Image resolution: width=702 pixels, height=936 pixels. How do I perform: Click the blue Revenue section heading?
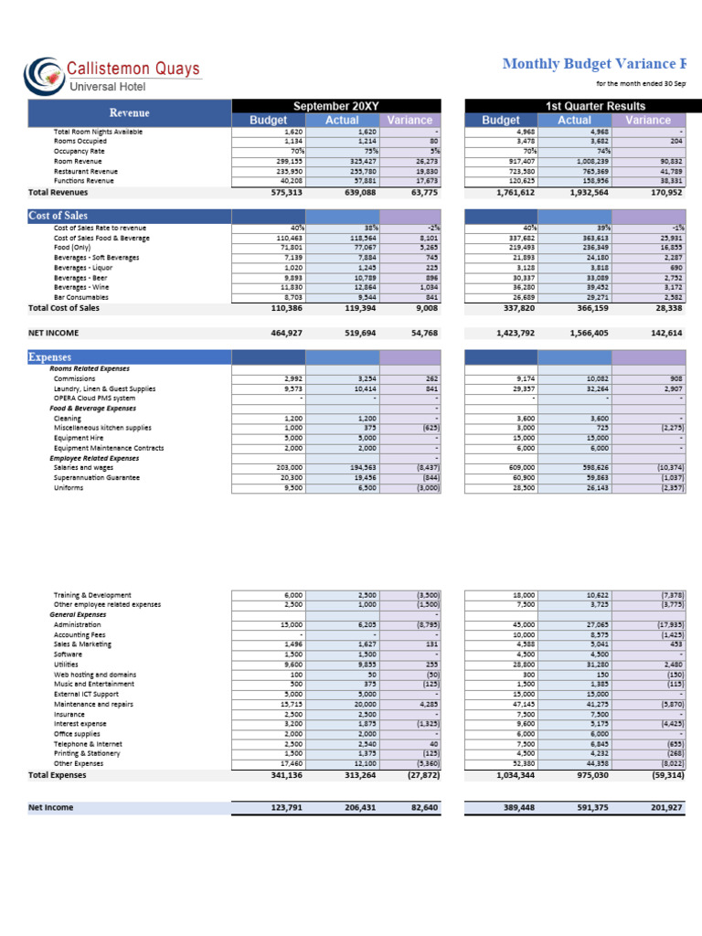click(x=130, y=112)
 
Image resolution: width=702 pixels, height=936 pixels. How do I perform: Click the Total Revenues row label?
click(x=58, y=192)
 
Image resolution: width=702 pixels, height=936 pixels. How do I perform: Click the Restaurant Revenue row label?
click(x=86, y=171)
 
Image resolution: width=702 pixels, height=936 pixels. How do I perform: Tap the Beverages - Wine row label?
click(x=80, y=287)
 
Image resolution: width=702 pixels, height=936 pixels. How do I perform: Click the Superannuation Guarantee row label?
click(x=96, y=477)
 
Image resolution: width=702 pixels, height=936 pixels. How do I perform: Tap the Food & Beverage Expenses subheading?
click(x=93, y=408)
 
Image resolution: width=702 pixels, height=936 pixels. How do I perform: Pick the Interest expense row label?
click(x=80, y=724)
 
